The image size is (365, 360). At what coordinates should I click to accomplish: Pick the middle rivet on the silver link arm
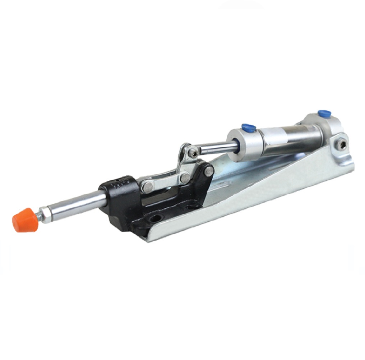[x=185, y=177]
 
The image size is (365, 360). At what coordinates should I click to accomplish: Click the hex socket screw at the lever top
[x=193, y=153]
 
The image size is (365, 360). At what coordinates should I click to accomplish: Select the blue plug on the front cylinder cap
[x=249, y=127]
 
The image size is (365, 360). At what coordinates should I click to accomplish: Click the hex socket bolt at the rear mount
[x=342, y=145]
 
